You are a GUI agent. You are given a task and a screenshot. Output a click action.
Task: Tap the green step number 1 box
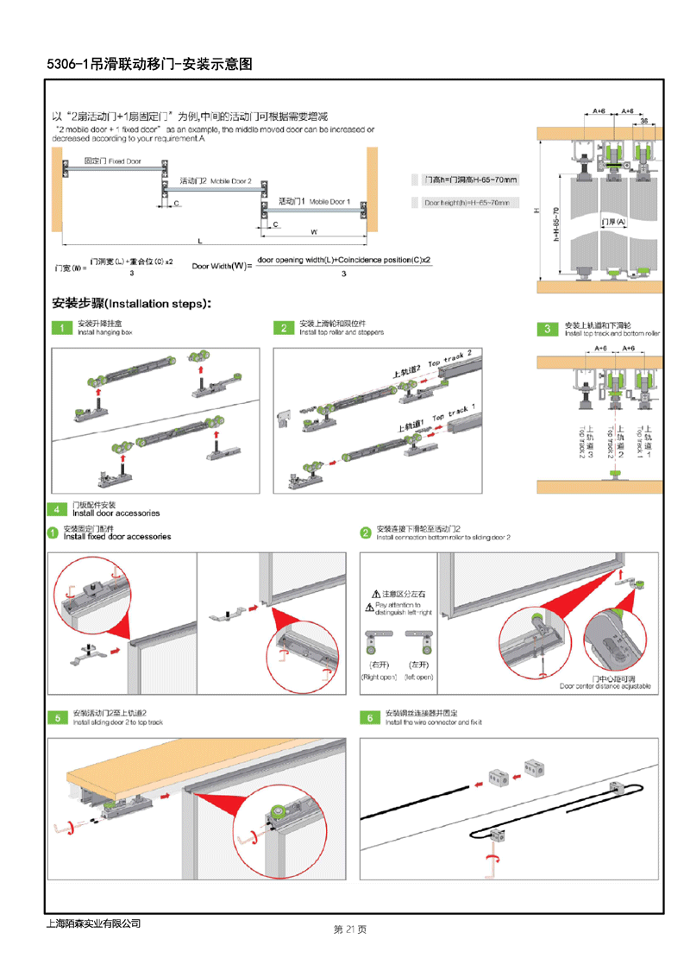(x=61, y=328)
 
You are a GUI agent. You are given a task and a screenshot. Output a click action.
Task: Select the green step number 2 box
(x=284, y=328)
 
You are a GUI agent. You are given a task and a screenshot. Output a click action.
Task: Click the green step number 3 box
(x=547, y=329)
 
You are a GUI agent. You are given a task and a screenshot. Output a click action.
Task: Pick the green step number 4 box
(x=57, y=509)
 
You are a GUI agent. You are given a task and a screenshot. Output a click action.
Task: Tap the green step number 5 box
(x=58, y=717)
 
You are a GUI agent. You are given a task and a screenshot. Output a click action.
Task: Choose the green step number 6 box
(x=368, y=717)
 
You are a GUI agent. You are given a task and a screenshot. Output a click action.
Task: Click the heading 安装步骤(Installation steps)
(x=131, y=304)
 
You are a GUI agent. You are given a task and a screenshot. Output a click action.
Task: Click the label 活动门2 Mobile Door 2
(x=216, y=181)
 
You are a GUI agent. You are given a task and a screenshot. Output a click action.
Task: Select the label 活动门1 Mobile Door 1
(x=314, y=201)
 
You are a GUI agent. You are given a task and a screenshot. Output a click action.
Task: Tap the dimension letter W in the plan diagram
(x=314, y=231)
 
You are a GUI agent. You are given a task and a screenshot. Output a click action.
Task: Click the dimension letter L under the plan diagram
(x=199, y=241)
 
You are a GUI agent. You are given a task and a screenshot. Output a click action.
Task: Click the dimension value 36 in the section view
(x=644, y=122)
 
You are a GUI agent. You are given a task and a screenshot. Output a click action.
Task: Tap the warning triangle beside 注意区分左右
(x=376, y=595)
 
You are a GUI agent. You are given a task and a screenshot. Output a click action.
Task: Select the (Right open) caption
(x=379, y=678)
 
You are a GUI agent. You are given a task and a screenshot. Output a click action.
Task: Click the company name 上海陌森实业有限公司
(x=92, y=923)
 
